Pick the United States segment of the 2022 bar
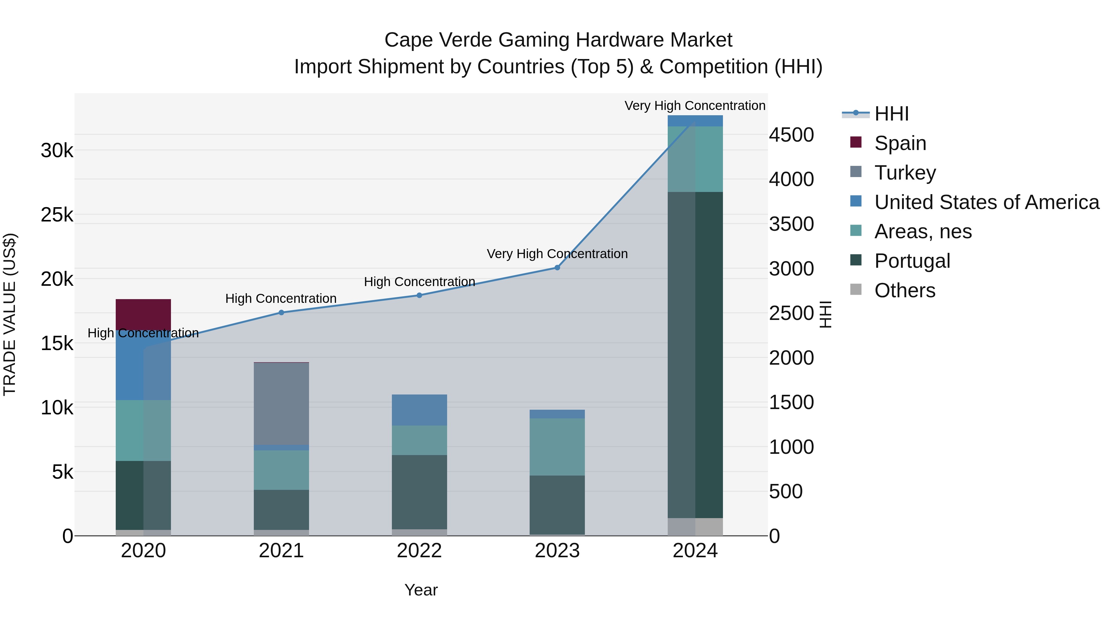coord(419,409)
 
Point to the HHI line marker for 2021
coord(281,312)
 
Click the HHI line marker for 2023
coord(557,267)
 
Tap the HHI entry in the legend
coord(891,114)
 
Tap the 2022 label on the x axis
coord(419,551)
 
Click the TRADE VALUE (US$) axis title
coord(10,314)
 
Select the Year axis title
coord(421,590)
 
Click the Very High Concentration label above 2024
coord(695,106)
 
